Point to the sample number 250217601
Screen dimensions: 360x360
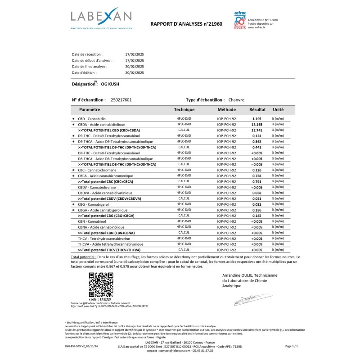point(121,100)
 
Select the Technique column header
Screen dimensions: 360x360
point(184,109)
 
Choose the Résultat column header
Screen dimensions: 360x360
point(257,109)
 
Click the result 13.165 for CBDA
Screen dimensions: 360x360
point(256,124)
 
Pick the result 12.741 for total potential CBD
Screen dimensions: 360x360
point(256,130)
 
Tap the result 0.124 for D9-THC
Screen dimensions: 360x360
point(256,135)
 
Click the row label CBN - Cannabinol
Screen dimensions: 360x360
point(92,221)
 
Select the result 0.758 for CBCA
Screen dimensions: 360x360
point(256,176)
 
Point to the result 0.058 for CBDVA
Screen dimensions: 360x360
point(256,193)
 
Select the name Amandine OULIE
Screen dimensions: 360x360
point(238,275)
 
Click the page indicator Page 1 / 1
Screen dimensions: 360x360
point(292,346)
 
